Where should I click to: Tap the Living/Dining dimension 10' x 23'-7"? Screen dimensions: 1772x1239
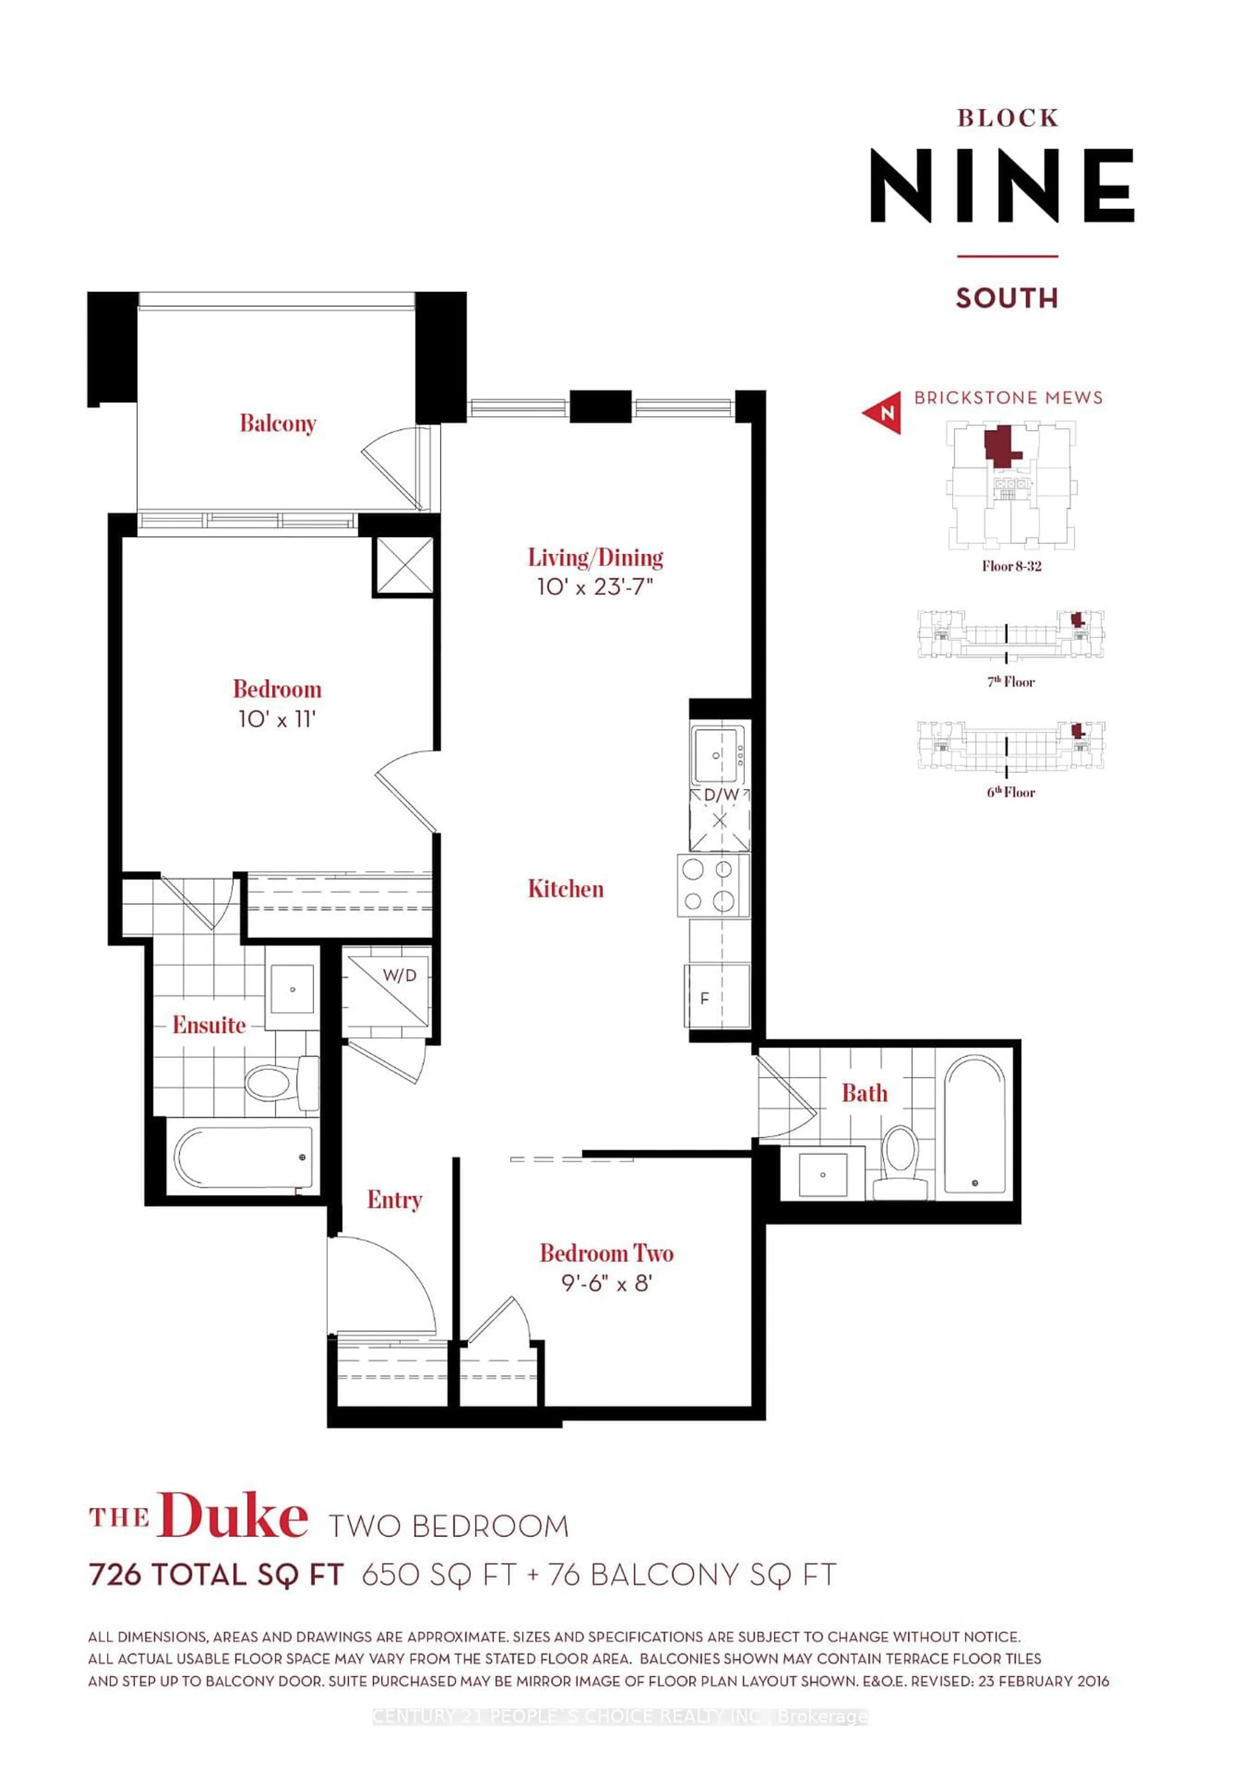point(595,587)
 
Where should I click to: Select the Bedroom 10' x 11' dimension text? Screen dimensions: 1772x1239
point(277,719)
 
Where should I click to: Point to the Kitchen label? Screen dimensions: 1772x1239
point(566,889)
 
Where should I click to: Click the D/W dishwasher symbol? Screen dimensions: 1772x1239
point(720,818)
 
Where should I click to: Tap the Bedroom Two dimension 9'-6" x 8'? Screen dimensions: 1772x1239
point(606,1283)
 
